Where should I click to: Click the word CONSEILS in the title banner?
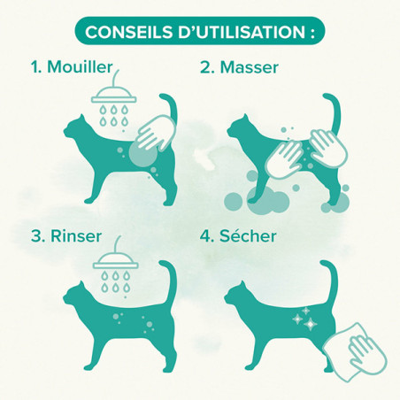(128, 32)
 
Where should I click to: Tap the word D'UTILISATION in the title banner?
(242, 32)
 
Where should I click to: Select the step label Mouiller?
(80, 67)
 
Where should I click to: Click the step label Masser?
(250, 67)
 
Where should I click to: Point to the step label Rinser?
(76, 236)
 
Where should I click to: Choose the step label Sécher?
(248, 236)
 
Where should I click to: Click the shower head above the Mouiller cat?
(114, 95)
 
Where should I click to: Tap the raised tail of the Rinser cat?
(171, 281)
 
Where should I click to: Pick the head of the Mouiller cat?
(75, 127)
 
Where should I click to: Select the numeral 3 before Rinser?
(35, 236)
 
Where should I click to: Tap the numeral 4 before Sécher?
(204, 236)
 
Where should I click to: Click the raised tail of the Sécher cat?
(332, 281)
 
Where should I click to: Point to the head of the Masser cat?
(239, 128)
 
